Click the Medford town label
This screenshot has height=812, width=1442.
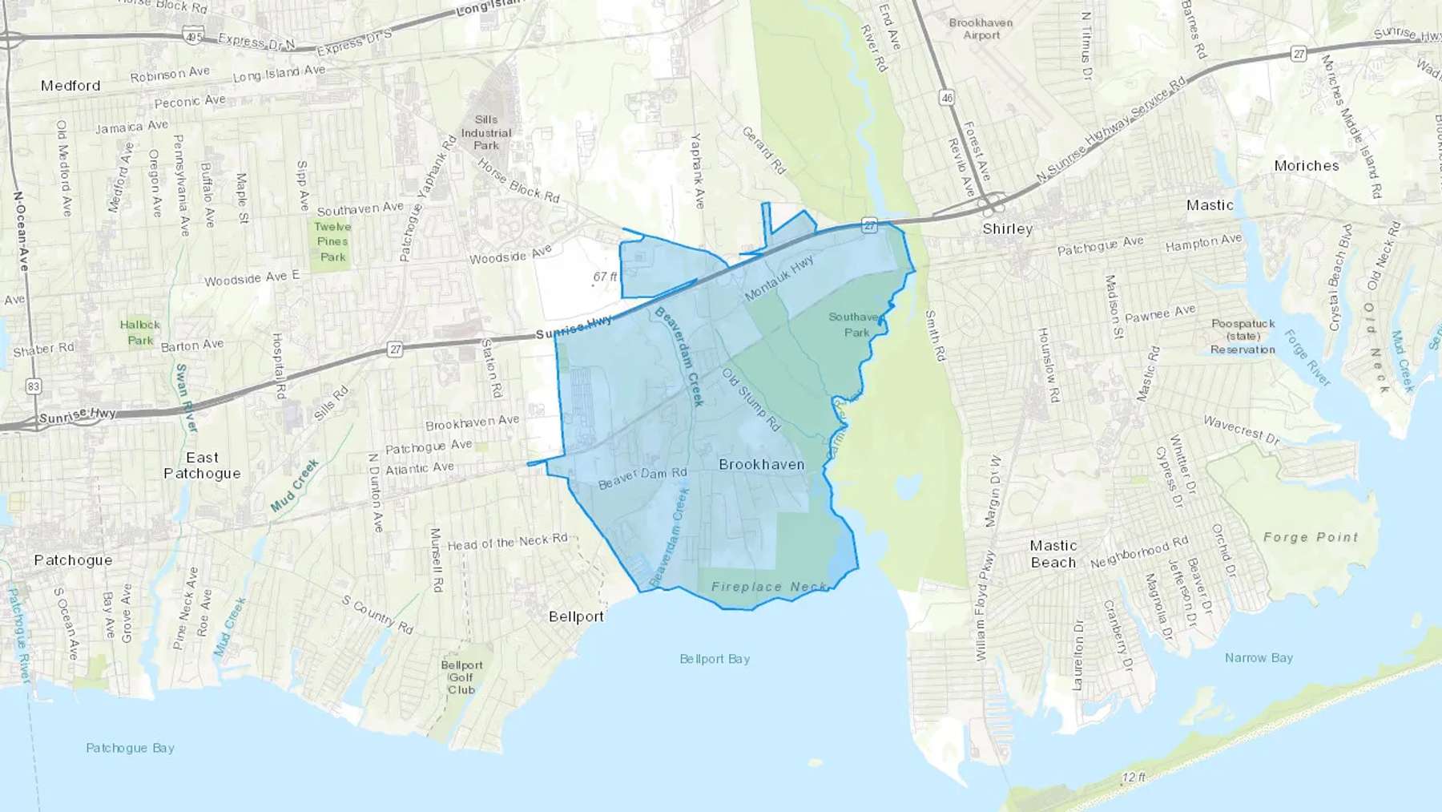70,86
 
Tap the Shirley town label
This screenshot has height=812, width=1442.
1007,229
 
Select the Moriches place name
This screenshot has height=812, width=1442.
1306,166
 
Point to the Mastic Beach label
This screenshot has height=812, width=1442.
1053,554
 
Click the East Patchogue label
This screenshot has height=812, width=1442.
202,465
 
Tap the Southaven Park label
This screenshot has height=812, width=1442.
856,325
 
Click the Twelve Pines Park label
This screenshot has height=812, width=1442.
332,242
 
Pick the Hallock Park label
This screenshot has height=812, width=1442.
140,333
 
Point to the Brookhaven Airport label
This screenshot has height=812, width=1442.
981,29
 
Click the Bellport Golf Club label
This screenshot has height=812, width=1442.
461,677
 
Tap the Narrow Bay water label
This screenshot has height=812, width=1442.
1259,658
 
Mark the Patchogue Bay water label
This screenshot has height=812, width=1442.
130,748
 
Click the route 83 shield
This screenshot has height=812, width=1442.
33,386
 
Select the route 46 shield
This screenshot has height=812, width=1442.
948,98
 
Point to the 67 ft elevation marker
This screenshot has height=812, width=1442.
605,277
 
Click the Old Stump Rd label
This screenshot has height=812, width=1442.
751,399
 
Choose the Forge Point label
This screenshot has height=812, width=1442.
1311,537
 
